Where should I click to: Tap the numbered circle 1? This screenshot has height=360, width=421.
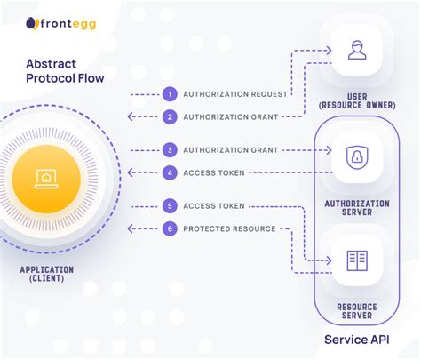170,93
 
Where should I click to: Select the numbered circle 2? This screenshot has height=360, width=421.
170,116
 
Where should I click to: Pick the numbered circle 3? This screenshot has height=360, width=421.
170,150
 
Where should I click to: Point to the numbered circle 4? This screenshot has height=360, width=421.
170,172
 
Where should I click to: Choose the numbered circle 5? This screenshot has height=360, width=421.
170,206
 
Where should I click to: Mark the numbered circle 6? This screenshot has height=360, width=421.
170,228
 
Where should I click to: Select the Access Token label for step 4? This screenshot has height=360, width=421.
213,172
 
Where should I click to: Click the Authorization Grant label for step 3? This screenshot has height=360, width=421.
229,150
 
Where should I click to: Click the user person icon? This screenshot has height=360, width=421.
357,51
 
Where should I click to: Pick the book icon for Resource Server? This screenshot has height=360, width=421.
357,260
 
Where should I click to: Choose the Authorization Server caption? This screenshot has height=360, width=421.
357,207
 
